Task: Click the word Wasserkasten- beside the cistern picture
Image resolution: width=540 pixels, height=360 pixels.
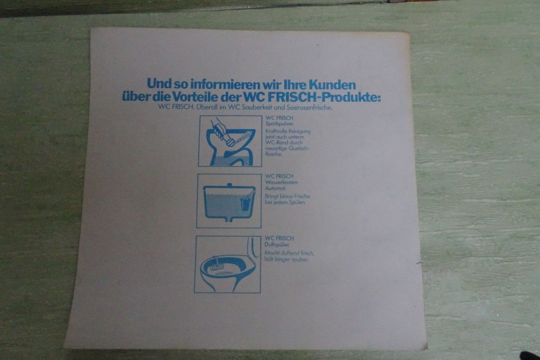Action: (282, 182)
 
